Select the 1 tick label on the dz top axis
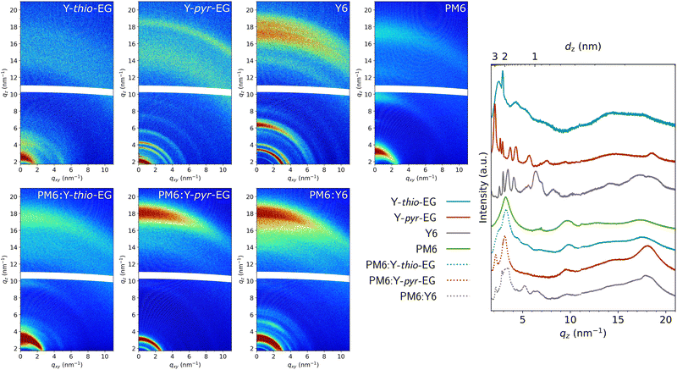(x=534, y=56)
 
